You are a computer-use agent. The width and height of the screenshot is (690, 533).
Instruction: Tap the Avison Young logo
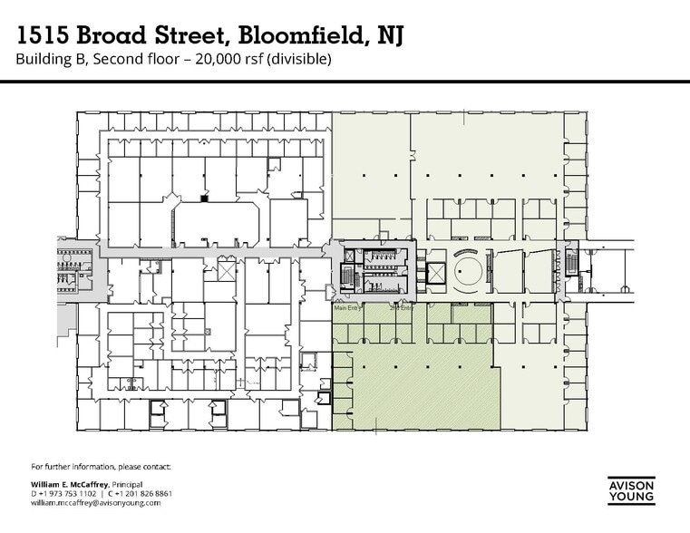(x=630, y=489)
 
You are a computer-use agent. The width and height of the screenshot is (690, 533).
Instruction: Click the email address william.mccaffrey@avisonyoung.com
(x=95, y=502)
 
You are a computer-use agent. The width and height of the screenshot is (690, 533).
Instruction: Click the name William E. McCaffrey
(x=68, y=484)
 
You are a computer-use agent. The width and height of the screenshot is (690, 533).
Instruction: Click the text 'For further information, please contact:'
(x=100, y=467)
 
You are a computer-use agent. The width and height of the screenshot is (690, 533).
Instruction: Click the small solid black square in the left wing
(x=204, y=197)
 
